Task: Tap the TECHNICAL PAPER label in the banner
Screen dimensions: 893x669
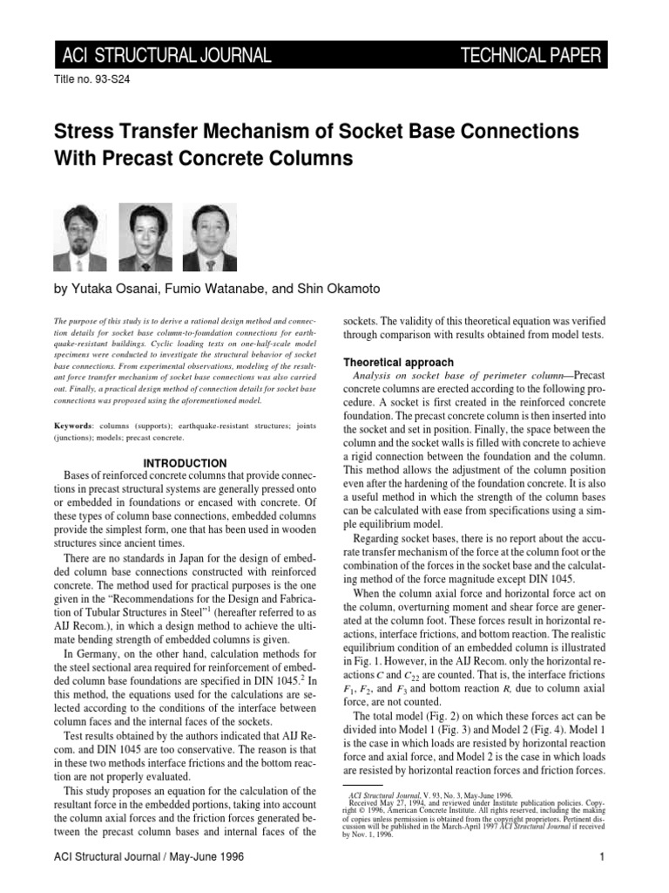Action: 530,57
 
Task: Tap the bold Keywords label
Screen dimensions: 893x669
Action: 74,424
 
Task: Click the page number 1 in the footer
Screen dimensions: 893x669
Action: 602,857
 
